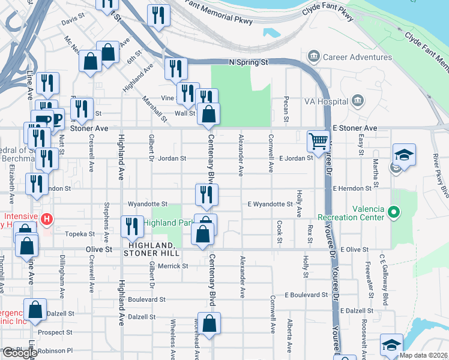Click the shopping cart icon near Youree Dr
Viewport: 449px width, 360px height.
click(318, 142)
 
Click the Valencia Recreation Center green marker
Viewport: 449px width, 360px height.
click(393, 212)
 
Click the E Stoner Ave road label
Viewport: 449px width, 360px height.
click(354, 128)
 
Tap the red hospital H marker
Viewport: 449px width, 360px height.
click(47, 220)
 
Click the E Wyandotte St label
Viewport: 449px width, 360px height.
click(270, 204)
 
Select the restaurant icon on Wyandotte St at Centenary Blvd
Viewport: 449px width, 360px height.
click(204, 194)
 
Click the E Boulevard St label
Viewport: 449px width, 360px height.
click(306, 295)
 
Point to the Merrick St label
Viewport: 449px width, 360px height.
click(173, 265)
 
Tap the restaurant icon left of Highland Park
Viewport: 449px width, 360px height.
click(130, 226)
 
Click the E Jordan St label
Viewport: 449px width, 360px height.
click(297, 158)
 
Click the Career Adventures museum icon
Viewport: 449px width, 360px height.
click(314, 58)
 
